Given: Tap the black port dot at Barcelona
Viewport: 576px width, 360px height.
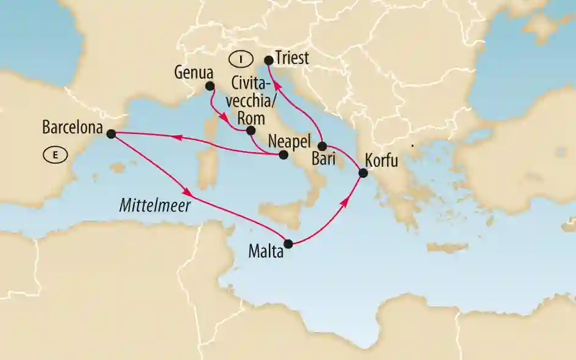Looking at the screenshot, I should pos(110,134).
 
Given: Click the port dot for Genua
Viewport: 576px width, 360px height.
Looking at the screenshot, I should pos(210,86).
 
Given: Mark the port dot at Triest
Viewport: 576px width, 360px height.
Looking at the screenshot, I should pos(268,60).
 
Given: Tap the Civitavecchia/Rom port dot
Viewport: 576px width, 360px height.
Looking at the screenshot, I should pos(251,130).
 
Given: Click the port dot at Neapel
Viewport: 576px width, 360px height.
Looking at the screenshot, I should pos(283,155).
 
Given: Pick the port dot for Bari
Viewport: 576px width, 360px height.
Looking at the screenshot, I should pos(322,146).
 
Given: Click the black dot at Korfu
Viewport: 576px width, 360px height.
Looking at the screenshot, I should pos(363,173).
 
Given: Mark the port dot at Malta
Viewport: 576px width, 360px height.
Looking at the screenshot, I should pos(289,244).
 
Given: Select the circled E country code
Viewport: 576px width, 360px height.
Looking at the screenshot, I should pos(55,155).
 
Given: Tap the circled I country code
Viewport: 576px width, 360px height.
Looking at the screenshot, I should pos(241,59).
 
